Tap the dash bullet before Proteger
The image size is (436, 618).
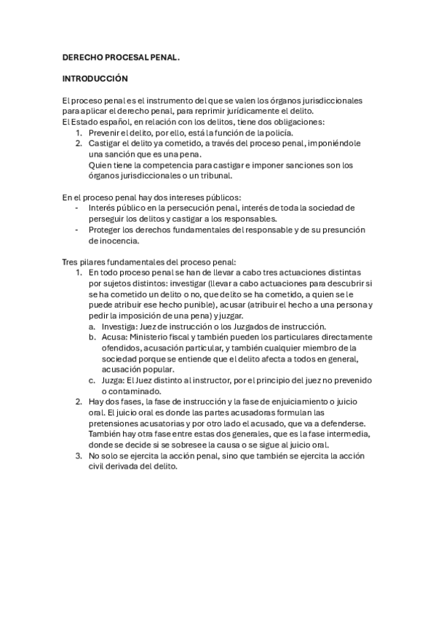pos(78,230)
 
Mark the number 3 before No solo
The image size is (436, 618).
pos(79,456)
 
